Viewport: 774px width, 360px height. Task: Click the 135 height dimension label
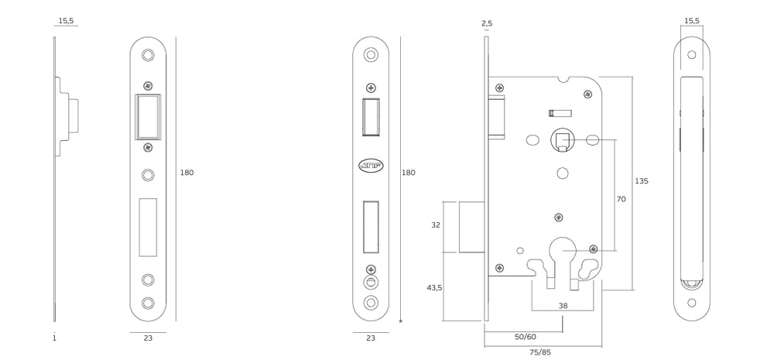click(x=641, y=181)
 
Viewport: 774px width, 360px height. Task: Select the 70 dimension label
click(x=621, y=200)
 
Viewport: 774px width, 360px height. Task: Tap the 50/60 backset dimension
click(x=526, y=337)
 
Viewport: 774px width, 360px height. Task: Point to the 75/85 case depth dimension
click(x=541, y=352)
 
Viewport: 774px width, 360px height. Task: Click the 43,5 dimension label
click(x=434, y=287)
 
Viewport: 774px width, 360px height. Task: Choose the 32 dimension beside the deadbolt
click(x=435, y=225)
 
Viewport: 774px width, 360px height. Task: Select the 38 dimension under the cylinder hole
click(x=563, y=306)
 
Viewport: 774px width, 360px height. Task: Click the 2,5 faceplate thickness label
click(x=487, y=23)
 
